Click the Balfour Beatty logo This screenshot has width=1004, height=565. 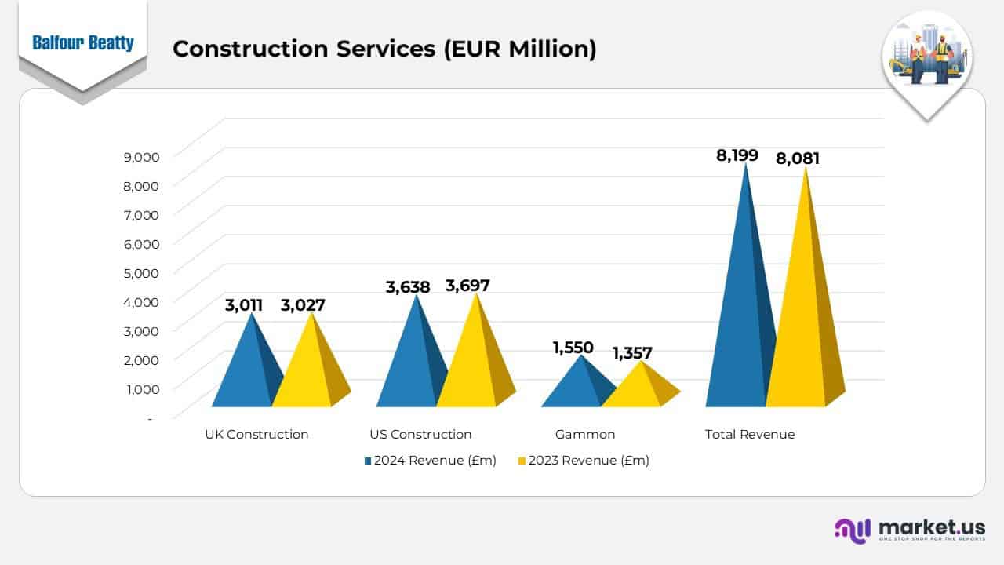[82, 42]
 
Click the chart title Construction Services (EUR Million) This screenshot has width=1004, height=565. [384, 49]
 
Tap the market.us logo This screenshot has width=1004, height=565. [910, 530]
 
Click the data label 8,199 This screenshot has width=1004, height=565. [737, 155]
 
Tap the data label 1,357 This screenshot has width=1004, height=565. [632, 353]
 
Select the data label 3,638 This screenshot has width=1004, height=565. [408, 287]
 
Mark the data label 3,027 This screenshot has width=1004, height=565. [303, 305]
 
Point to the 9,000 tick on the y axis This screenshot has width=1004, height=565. [141, 156]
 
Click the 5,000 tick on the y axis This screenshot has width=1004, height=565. [141, 272]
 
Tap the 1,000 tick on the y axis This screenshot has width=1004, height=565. [141, 388]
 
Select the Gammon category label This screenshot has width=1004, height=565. [585, 434]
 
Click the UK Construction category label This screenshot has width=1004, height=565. [256, 434]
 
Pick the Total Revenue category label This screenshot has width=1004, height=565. [750, 434]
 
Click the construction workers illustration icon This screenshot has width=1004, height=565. [927, 55]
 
